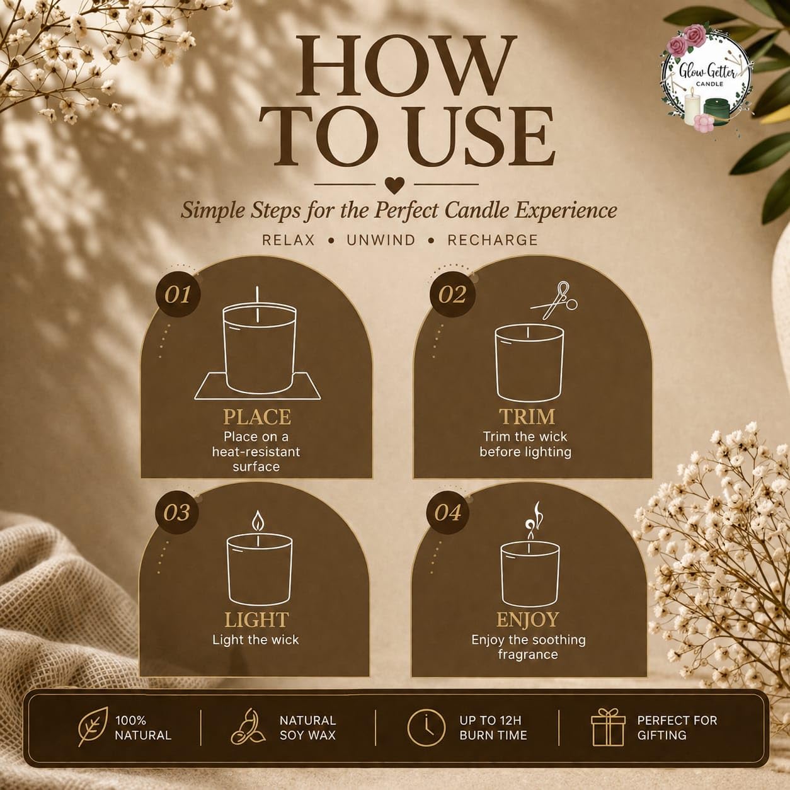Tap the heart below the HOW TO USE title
pyautogui.click(x=395, y=185)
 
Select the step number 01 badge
pyautogui.click(x=178, y=294)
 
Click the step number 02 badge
pyautogui.click(x=452, y=294)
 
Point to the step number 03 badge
pyautogui.click(x=176, y=512)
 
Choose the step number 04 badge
pyautogui.click(x=448, y=512)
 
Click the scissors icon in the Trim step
pyautogui.click(x=554, y=301)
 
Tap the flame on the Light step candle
pyautogui.click(x=258, y=521)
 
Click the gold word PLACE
pyautogui.click(x=257, y=417)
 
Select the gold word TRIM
pyautogui.click(x=527, y=416)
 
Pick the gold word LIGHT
pyautogui.click(x=256, y=619)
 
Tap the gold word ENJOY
pyautogui.click(x=528, y=619)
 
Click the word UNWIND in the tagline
pyautogui.click(x=381, y=240)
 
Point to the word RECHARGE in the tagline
pyautogui.click(x=493, y=240)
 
